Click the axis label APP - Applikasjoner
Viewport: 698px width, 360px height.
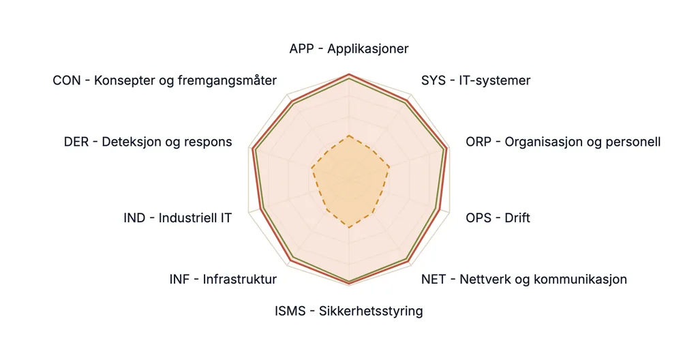(x=348, y=48)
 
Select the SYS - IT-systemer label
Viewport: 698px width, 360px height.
(x=475, y=80)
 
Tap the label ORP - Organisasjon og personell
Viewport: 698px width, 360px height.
(x=563, y=142)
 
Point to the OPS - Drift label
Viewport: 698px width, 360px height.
(x=498, y=218)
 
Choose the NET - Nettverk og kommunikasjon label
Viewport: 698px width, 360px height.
(x=524, y=280)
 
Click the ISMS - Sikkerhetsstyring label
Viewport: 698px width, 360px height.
(x=348, y=311)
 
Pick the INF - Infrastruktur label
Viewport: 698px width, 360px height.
(x=223, y=280)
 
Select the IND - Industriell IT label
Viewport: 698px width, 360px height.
(x=178, y=218)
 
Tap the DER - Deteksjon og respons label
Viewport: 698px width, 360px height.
(x=148, y=142)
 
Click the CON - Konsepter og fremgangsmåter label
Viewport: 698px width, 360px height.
(x=165, y=80)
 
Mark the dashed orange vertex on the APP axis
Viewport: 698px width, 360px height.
(x=350, y=136)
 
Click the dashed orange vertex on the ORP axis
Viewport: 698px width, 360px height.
(x=389, y=168)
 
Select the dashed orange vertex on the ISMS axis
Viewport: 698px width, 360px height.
(x=350, y=228)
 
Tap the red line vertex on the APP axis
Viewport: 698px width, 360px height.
(x=350, y=74)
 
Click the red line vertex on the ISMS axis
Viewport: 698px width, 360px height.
(x=350, y=284)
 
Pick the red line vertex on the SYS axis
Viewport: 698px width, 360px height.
(x=408, y=100)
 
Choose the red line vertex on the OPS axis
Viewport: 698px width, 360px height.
(x=440, y=209)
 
